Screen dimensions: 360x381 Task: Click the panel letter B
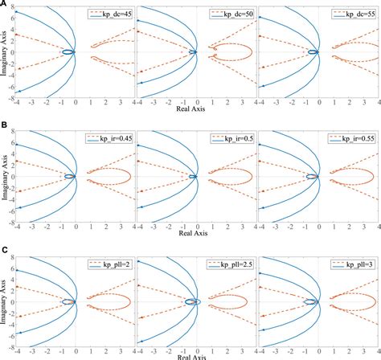[5, 126]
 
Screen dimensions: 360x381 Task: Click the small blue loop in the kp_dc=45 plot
[68, 53]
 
